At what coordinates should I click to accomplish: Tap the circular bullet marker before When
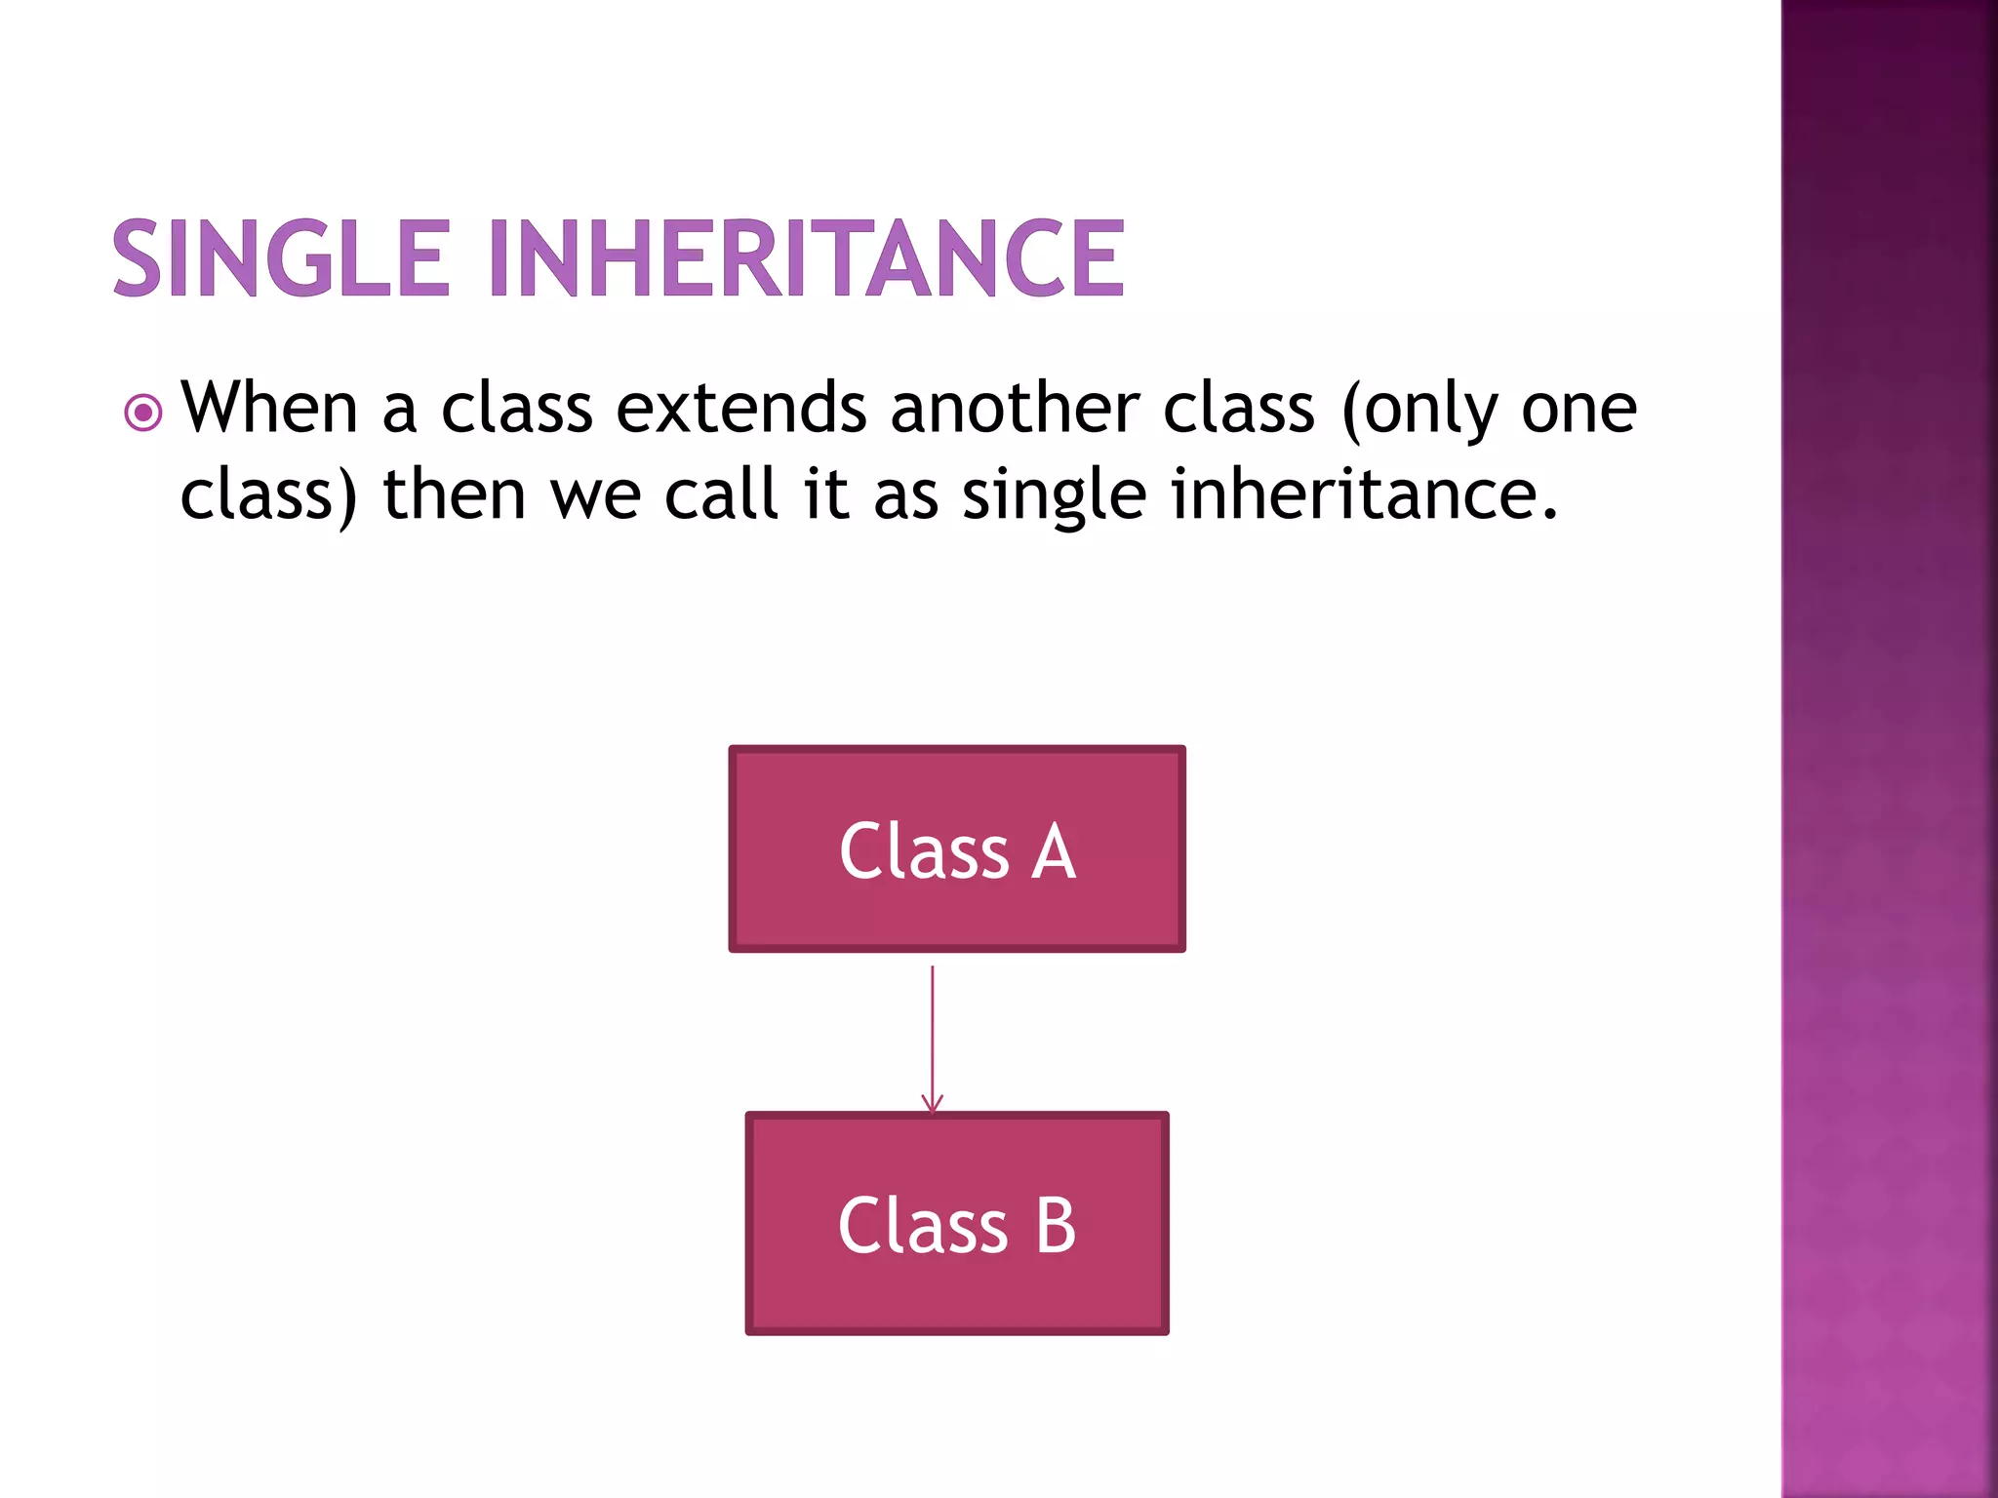point(143,413)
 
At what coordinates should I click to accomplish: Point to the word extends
point(740,407)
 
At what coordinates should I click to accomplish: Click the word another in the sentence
point(1015,407)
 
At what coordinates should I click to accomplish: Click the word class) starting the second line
point(269,495)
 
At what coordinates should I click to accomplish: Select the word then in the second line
point(455,493)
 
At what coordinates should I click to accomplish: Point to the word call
point(722,493)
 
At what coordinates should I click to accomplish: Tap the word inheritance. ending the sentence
point(1364,493)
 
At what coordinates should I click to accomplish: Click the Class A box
point(957,848)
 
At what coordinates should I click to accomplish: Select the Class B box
point(957,1223)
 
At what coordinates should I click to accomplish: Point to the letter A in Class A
point(1055,851)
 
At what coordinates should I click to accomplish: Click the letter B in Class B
point(1056,1226)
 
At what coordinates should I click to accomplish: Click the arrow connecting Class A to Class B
point(933,1034)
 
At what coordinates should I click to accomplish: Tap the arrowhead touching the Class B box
point(933,1105)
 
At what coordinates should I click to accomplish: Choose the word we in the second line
point(596,495)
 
